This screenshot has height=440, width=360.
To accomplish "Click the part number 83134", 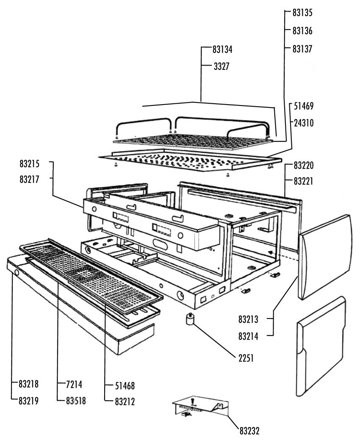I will pos(223,50).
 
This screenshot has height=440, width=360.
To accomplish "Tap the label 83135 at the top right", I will pos(302,12).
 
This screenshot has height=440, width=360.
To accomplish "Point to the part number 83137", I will pos(302,49).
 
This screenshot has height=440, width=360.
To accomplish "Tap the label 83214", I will pos(249,336).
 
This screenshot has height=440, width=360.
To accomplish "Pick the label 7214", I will pos(74,385).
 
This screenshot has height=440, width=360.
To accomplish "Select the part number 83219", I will pos(28,401).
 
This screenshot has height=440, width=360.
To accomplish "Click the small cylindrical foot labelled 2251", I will pos(190,319).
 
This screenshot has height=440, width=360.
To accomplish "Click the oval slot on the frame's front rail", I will pos(160,246).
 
